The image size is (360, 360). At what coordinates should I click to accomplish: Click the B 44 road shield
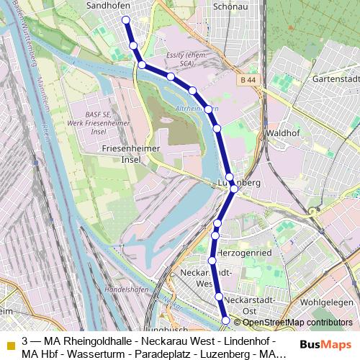[248, 80]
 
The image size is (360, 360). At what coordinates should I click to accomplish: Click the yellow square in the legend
[10, 346]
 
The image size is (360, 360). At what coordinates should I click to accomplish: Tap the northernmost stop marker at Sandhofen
[126, 20]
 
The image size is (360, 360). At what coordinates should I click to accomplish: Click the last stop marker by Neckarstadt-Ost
[225, 320]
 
